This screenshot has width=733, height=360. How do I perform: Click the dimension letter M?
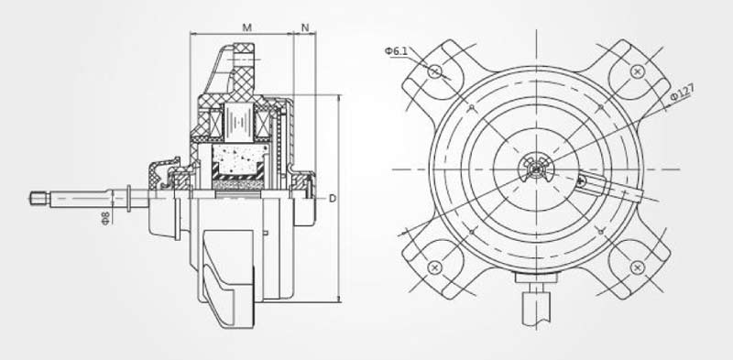(x=246, y=27)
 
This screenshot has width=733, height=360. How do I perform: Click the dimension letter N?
(x=305, y=28)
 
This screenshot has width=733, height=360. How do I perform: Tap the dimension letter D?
(x=333, y=199)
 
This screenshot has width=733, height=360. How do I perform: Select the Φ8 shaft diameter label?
(x=105, y=218)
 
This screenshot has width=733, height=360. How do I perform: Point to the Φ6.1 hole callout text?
(x=396, y=51)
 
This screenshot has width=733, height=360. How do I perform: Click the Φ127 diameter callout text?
(x=682, y=93)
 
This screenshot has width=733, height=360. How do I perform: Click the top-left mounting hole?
(x=434, y=71)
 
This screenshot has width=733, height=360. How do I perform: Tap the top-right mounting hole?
(x=637, y=71)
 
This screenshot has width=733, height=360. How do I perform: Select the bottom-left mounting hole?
(x=434, y=267)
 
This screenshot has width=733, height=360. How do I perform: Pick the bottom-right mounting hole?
(x=637, y=267)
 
